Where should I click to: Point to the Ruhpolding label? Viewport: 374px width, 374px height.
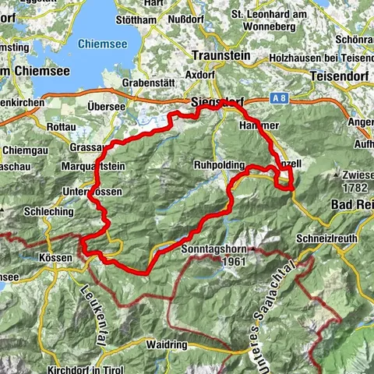pyautogui.click(x=220, y=166)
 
